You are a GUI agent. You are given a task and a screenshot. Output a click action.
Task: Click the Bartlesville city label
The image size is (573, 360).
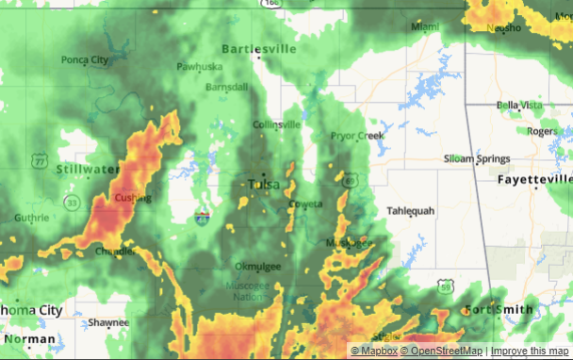[x=258, y=48]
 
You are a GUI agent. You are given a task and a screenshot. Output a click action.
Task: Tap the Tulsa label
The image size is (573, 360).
[x=263, y=185]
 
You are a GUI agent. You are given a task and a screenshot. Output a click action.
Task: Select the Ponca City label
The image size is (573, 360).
[x=85, y=60]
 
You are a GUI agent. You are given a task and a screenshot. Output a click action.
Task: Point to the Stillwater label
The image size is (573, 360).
[x=88, y=169]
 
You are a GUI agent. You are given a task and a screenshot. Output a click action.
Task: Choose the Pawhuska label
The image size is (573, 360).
[x=200, y=67]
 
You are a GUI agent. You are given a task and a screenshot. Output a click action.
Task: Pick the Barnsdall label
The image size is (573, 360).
[x=226, y=86]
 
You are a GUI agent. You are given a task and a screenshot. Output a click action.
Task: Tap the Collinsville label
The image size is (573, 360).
[x=276, y=124]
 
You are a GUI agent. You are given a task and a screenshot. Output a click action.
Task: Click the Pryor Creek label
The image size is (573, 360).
[x=357, y=136]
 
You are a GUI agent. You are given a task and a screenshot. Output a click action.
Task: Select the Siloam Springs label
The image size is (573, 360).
[x=478, y=158]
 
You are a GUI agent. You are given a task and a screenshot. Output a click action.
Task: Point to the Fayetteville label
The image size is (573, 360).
[x=535, y=178]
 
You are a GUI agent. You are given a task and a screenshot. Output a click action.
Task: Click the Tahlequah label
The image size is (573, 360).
[x=412, y=211]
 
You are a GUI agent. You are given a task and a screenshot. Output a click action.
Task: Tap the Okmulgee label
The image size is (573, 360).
[x=257, y=267]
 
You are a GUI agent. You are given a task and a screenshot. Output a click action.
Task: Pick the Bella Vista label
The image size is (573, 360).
[x=520, y=105]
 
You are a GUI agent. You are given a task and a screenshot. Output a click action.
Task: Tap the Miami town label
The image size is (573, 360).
[x=425, y=26]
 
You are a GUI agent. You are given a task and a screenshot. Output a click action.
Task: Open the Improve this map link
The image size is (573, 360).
[x=530, y=352]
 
